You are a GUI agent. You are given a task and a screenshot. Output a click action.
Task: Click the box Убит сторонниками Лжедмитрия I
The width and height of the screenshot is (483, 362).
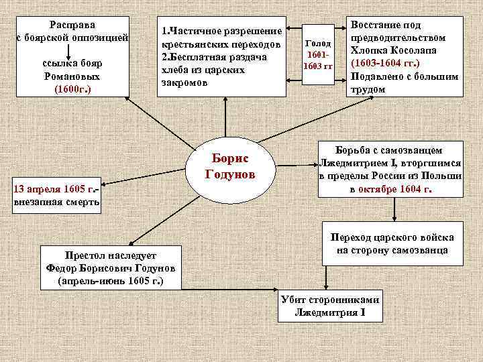point(330,306)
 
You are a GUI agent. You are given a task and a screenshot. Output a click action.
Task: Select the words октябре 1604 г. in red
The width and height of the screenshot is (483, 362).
point(394,189)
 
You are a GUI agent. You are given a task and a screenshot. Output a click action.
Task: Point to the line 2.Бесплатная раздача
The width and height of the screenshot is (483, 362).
point(214,57)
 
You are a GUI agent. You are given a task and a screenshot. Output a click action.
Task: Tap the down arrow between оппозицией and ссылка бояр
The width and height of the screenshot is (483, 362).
point(68,49)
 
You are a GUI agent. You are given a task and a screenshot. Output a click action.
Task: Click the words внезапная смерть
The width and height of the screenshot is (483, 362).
point(56,200)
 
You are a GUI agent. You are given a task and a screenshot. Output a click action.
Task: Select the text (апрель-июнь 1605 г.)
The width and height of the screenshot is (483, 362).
point(111,281)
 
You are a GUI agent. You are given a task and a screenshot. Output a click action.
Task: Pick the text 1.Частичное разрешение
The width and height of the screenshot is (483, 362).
point(221,32)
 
